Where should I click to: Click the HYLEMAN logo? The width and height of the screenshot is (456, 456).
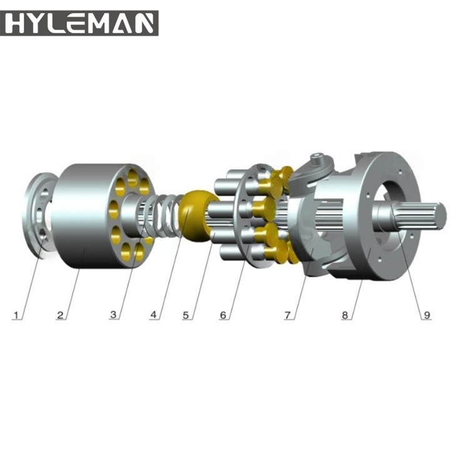tap(79, 22)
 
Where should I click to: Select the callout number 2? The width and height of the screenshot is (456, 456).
tap(61, 315)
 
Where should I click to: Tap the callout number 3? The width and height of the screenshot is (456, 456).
tap(113, 315)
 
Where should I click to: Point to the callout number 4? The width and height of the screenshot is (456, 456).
tap(153, 315)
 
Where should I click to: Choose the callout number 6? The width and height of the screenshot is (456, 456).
tap(223, 315)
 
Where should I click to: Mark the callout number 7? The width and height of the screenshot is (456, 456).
tap(288, 315)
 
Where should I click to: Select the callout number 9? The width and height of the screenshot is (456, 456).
tap(427, 315)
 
